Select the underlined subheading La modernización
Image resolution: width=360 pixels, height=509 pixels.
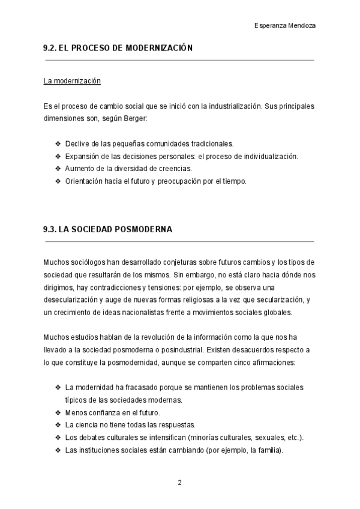[72, 80]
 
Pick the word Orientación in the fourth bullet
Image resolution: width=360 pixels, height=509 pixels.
[85, 180]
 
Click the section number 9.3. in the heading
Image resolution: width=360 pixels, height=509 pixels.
[51, 229]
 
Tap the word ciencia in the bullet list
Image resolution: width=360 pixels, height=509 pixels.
[86, 424]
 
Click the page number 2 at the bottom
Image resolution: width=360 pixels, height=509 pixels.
[179, 482]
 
